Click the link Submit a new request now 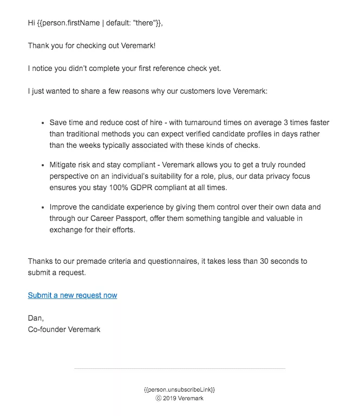click(x=73, y=295)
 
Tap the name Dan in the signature click(x=35, y=318)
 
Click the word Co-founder click(x=47, y=329)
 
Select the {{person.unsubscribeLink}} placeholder click(x=180, y=389)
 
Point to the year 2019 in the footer click(x=172, y=398)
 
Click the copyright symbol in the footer click(x=159, y=398)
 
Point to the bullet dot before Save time click(x=42, y=123)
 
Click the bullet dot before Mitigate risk click(x=42, y=165)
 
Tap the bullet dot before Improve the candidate click(x=42, y=207)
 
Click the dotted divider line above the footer click(x=180, y=369)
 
